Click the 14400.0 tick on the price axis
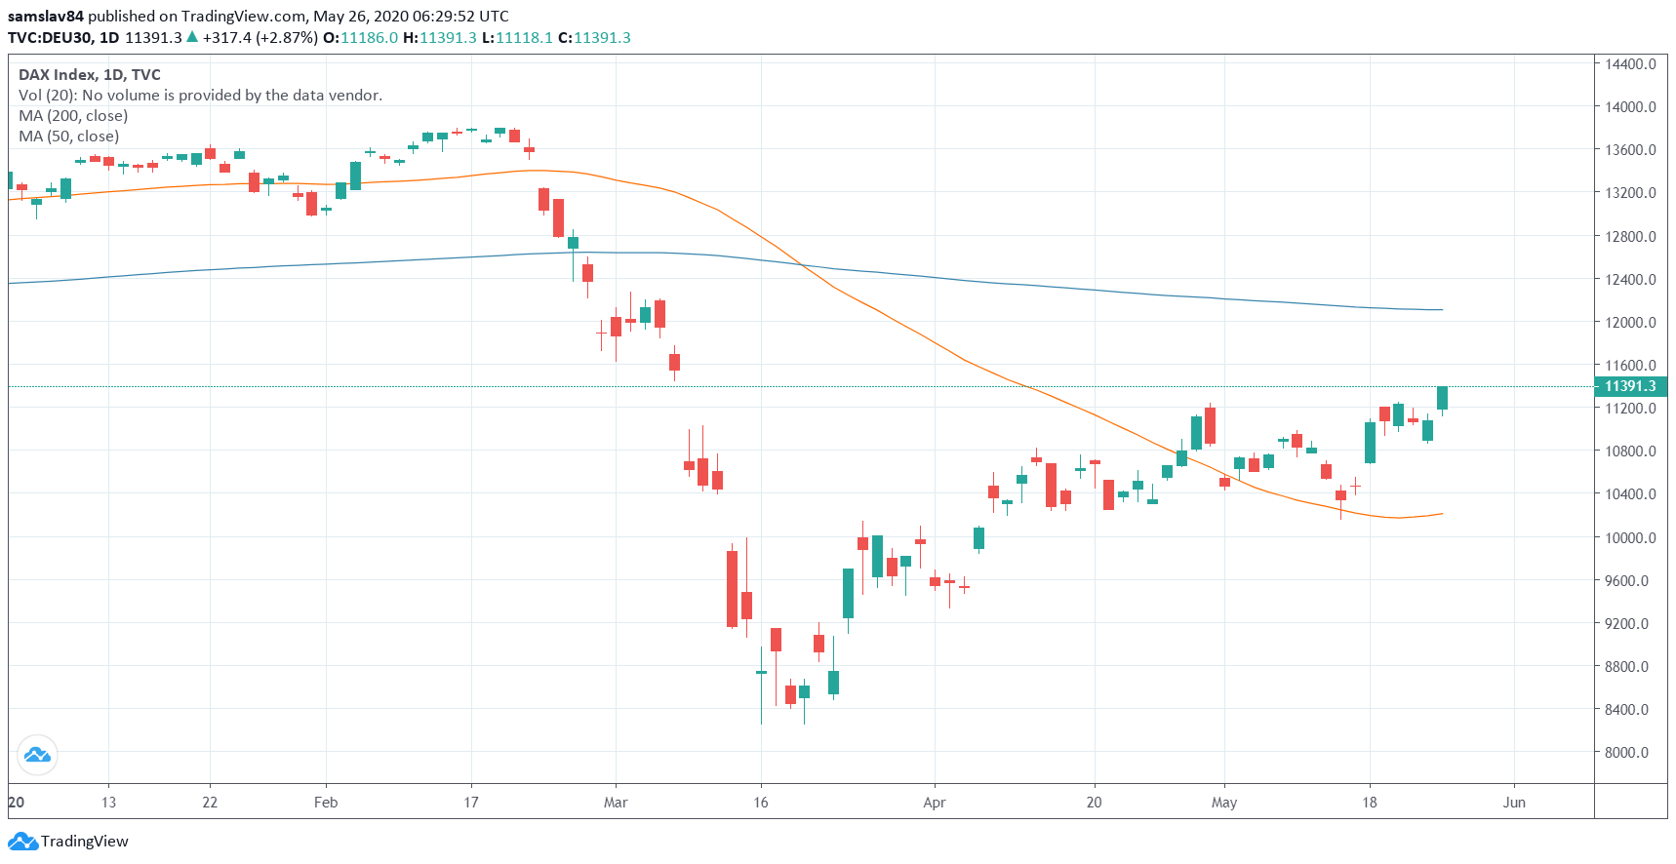(x=1630, y=64)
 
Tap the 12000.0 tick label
(x=1630, y=323)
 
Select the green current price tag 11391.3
(x=1630, y=386)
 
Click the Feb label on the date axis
(x=326, y=803)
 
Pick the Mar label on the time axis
(x=616, y=803)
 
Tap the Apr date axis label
(x=935, y=803)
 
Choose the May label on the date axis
(x=1224, y=803)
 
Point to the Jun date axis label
(x=1514, y=803)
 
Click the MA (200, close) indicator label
(x=73, y=116)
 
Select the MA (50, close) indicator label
(x=69, y=137)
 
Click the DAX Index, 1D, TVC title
(x=90, y=75)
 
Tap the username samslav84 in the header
(x=46, y=17)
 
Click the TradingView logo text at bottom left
(x=84, y=842)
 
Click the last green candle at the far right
(x=1442, y=398)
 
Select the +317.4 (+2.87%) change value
(x=259, y=38)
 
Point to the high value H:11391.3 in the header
(x=440, y=38)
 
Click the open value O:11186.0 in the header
(x=361, y=38)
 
